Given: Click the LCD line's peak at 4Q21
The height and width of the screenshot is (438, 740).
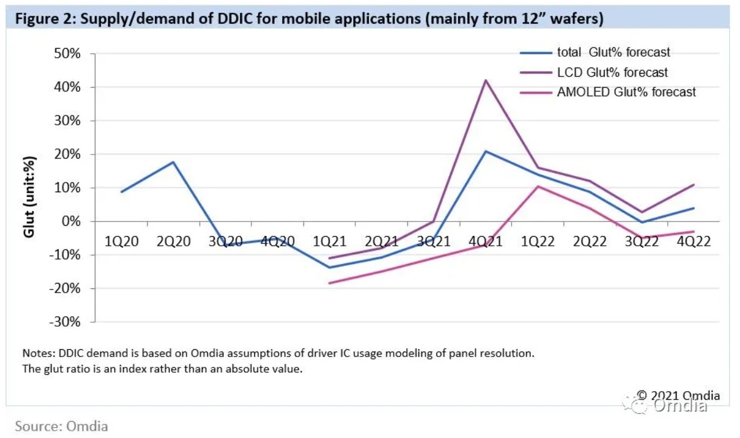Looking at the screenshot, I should (485, 80).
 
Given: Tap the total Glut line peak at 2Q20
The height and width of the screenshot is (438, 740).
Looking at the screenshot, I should (173, 162).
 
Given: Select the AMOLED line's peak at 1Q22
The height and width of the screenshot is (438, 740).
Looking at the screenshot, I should (538, 186).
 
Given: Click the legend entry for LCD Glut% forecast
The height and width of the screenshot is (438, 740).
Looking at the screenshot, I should (612, 72).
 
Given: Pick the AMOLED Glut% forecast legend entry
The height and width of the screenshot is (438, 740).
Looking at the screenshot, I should (626, 92).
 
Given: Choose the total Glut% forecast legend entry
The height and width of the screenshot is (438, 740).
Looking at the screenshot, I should (614, 52).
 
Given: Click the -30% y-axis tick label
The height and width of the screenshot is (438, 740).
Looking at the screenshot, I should (65, 322).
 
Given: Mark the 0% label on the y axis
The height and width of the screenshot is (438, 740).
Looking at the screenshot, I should (71, 221).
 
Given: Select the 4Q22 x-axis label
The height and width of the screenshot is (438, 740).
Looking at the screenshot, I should (693, 242).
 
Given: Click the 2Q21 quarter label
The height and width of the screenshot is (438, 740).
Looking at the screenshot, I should (381, 242).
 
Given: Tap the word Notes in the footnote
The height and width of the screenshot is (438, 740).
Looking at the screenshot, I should (37, 353).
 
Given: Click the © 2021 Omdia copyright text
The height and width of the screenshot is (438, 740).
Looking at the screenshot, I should (678, 395).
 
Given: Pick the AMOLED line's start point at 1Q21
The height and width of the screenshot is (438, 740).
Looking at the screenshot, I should (330, 283).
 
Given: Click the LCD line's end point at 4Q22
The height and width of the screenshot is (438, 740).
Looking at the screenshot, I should (694, 185).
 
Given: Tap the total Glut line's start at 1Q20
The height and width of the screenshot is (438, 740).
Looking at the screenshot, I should (122, 192).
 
